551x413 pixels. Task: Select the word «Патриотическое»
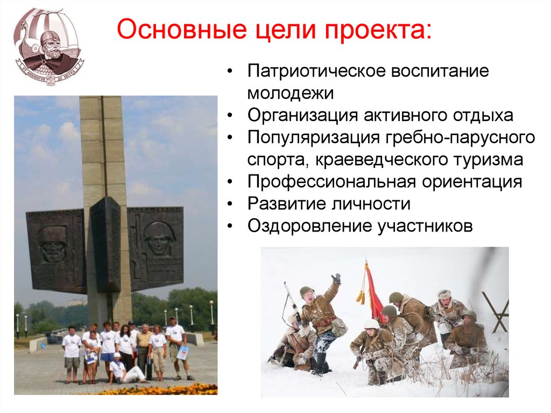click(316, 72)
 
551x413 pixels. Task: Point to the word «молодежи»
click(290, 93)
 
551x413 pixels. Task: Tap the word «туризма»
click(488, 160)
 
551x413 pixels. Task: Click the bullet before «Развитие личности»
click(230, 204)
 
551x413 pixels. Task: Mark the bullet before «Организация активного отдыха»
click(230, 115)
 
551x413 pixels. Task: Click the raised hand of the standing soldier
click(337, 278)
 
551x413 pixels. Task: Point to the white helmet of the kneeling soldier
click(371, 323)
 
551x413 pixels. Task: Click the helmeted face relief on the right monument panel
click(156, 238)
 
